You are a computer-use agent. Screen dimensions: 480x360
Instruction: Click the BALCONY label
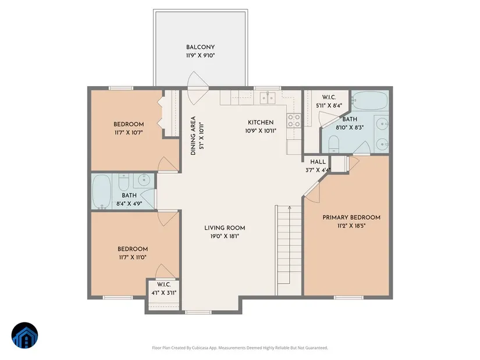200,47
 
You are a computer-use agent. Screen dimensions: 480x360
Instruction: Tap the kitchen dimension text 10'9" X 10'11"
261,131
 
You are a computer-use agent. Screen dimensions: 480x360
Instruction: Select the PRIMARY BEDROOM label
351,218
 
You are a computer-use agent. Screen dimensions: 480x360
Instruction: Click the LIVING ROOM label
225,228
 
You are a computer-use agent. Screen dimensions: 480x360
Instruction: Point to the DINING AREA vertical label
193,136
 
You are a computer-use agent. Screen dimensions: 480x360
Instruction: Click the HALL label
318,162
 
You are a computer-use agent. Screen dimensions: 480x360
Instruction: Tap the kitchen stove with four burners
294,120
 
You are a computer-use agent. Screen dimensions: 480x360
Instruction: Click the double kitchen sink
268,97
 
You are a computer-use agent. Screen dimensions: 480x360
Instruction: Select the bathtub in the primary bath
370,101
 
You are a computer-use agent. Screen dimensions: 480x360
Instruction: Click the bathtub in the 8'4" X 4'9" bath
102,192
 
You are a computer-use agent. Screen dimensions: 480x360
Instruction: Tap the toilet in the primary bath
334,144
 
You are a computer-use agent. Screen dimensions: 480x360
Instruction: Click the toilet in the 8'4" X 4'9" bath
124,181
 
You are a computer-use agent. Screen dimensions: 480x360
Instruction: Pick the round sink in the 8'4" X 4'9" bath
144,180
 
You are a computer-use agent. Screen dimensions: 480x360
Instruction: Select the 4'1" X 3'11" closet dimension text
163,293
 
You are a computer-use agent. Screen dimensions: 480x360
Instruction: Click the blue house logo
25,336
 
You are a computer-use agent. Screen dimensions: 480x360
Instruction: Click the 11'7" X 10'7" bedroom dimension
129,133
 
